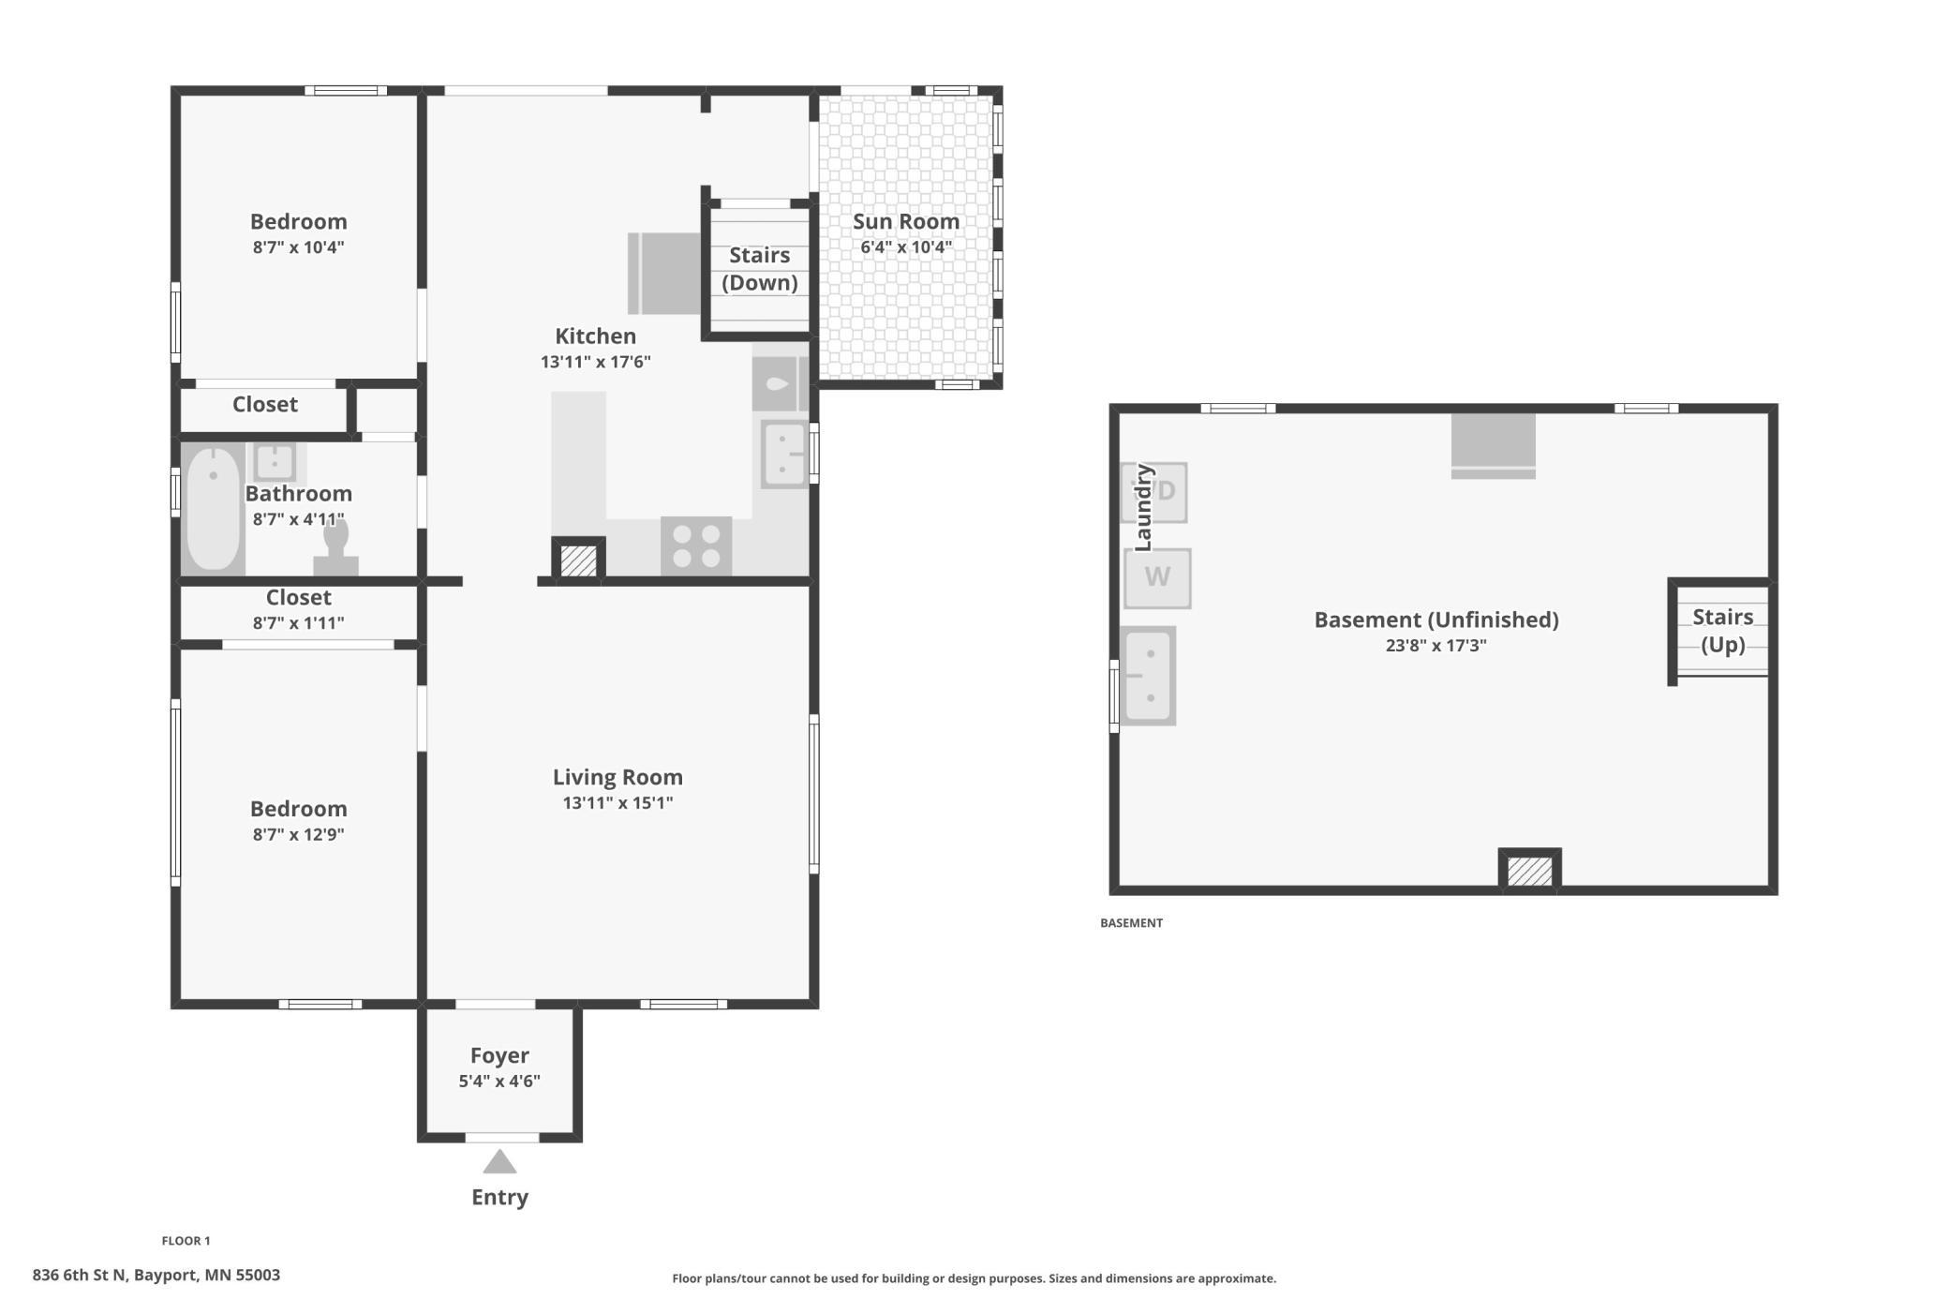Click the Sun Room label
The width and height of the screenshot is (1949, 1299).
click(x=906, y=222)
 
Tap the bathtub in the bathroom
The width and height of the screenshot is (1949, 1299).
click(x=214, y=509)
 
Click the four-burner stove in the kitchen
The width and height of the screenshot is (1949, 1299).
click(x=696, y=546)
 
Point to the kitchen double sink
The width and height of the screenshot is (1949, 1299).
click(x=784, y=455)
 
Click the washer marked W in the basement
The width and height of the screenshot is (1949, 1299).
click(x=1157, y=578)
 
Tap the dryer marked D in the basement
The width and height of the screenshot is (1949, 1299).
click(x=1155, y=492)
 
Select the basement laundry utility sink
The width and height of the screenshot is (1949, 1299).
click(x=1148, y=676)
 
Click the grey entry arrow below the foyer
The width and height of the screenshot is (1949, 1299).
click(x=499, y=1161)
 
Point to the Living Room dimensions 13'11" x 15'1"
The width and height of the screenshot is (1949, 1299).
click(x=617, y=802)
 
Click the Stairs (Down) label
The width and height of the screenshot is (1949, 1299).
click(x=760, y=269)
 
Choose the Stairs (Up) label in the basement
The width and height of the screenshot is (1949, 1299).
click(x=1723, y=631)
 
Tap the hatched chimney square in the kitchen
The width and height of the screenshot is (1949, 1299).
click(x=578, y=560)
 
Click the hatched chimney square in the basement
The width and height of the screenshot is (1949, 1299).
click(x=1529, y=871)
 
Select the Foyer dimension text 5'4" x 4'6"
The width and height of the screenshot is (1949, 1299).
click(x=499, y=1081)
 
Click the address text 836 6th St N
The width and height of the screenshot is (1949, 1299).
click(x=79, y=1275)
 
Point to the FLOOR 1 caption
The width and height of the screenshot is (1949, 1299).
click(x=186, y=1241)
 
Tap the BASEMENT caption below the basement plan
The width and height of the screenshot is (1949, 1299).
click(x=1131, y=923)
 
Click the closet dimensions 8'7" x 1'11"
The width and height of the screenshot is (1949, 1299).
click(x=298, y=622)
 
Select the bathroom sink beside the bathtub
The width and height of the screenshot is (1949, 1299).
click(x=275, y=461)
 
